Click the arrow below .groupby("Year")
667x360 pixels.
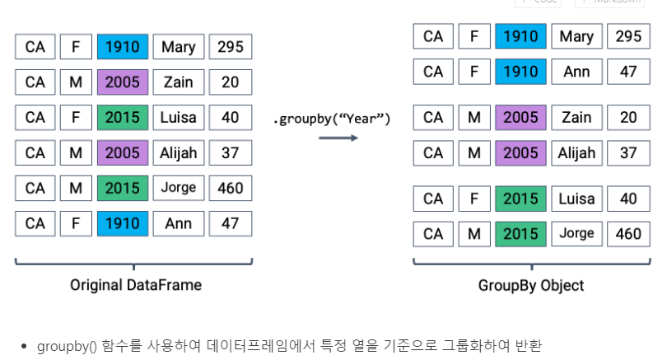point(338,138)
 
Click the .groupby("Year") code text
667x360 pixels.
point(331,119)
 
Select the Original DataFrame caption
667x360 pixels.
point(135,285)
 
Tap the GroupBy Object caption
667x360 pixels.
point(531,285)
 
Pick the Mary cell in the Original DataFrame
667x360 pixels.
point(178,47)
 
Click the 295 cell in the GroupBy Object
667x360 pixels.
point(628,36)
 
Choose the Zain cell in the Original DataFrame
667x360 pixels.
point(178,82)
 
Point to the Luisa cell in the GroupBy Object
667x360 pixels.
point(576,199)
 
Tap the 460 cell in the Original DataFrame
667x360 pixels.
point(231,188)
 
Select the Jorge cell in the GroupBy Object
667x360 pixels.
point(576,234)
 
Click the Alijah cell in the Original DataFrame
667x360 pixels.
point(178,152)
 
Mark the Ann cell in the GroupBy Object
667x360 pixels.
point(576,72)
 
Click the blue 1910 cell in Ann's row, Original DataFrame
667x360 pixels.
point(123,223)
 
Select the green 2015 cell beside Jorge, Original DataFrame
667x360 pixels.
point(123,188)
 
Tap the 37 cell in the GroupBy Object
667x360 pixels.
point(628,152)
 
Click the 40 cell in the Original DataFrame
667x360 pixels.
point(231,117)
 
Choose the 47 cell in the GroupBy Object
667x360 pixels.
point(628,72)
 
